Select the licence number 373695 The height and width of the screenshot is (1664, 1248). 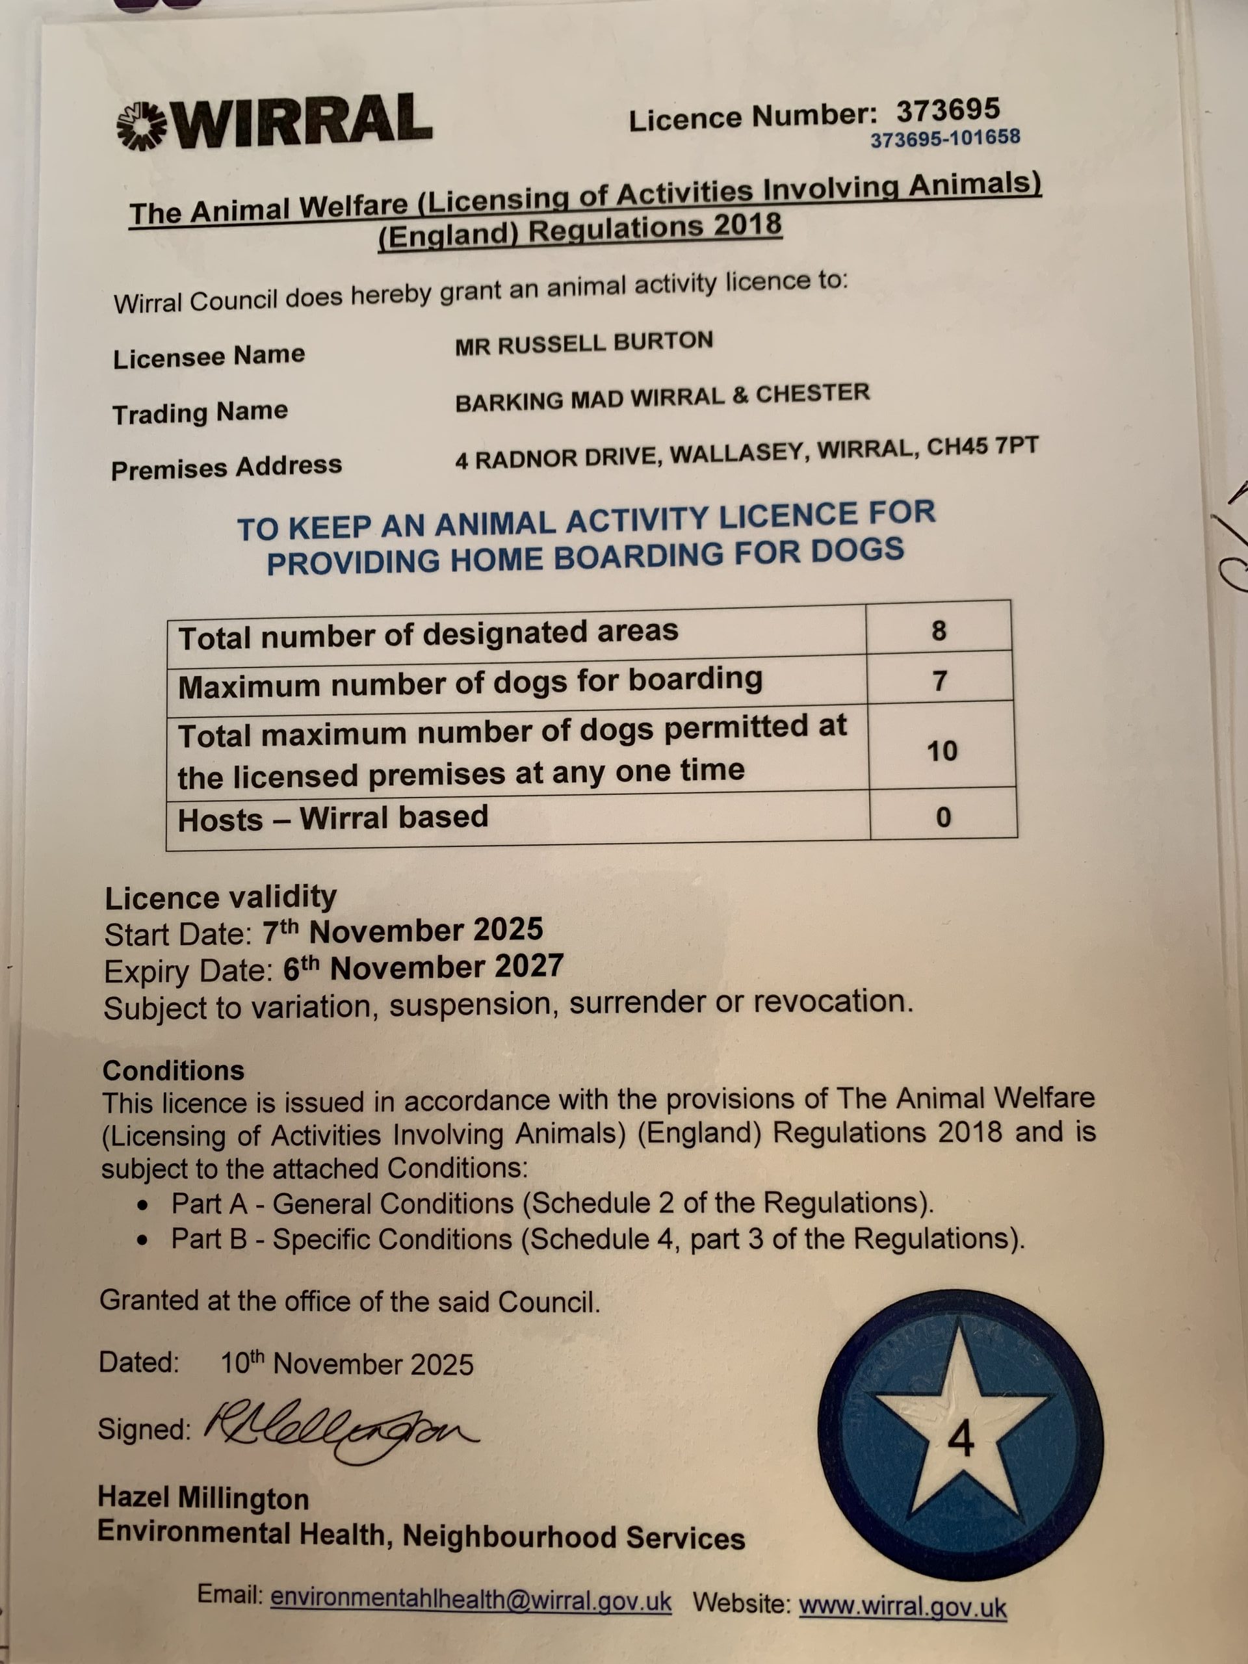[947, 110]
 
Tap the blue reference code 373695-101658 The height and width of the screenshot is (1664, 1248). [945, 138]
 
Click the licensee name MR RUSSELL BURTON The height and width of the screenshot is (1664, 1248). [584, 343]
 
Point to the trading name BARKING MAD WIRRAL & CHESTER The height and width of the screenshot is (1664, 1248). [662, 397]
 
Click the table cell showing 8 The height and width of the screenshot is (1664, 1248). [938, 630]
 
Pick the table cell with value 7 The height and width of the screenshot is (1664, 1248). [939, 681]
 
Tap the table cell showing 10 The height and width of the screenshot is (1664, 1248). [942, 751]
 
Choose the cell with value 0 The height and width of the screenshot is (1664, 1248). [943, 817]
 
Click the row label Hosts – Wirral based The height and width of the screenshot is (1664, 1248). [333, 818]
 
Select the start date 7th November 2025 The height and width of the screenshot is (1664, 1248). [402, 931]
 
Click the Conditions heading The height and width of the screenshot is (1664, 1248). [173, 1071]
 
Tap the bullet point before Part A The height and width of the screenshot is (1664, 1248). [142, 1206]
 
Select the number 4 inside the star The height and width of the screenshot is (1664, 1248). [961, 1440]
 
